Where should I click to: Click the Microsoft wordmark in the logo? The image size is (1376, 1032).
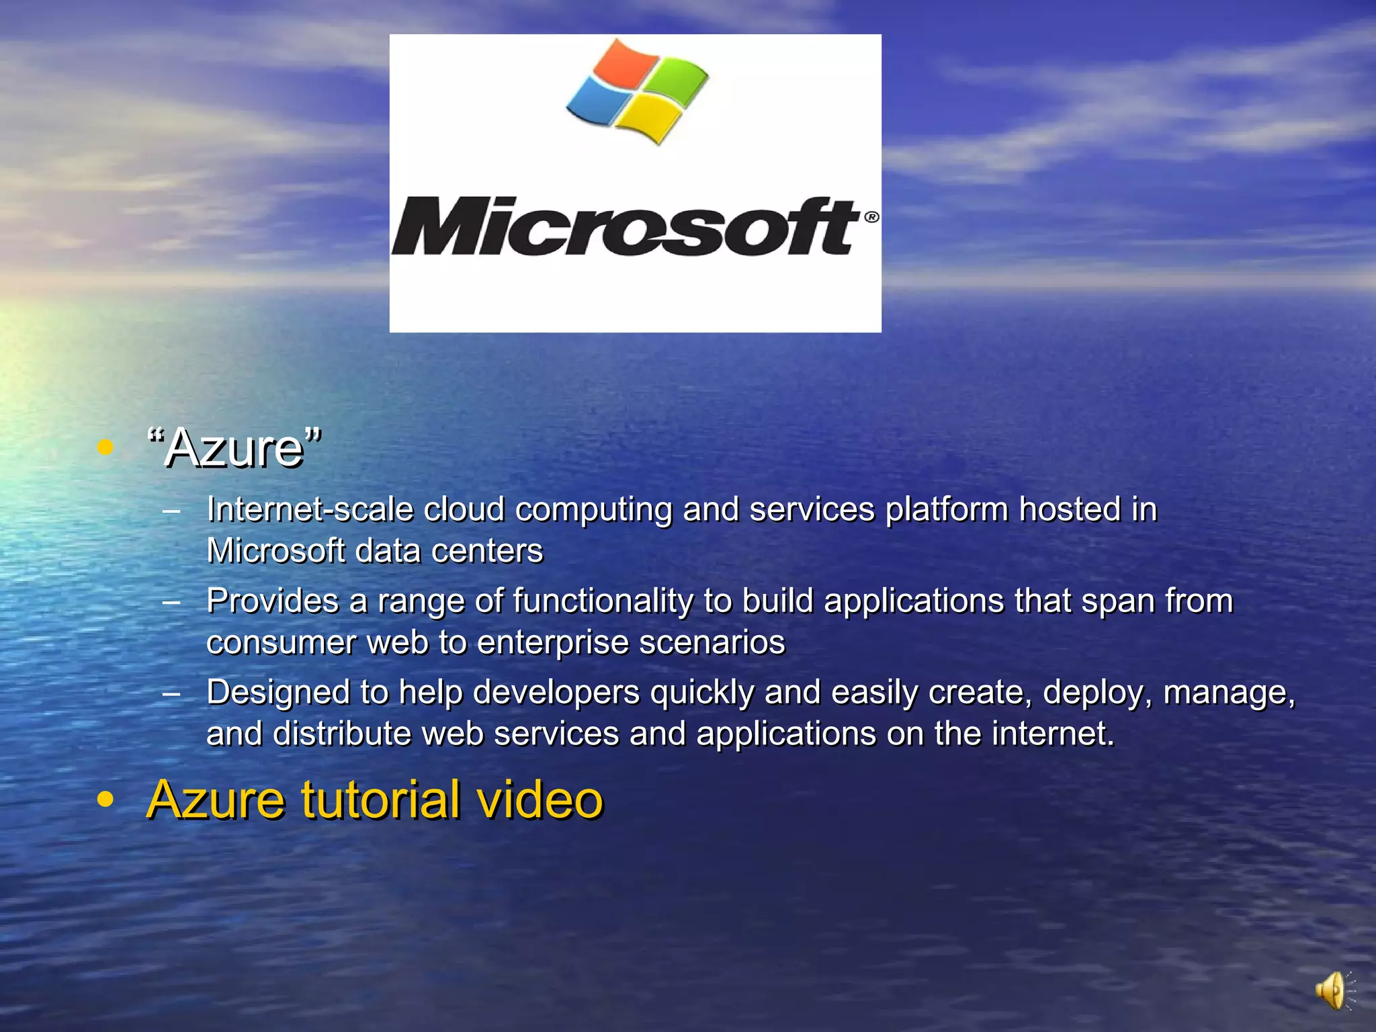[625, 226]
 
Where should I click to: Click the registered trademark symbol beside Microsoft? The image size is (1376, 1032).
[871, 217]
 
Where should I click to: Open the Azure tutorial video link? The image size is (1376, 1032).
[375, 800]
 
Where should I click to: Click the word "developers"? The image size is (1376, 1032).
[556, 692]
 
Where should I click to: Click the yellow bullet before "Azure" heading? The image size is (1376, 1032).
[105, 447]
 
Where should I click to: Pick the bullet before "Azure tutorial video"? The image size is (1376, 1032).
[105, 800]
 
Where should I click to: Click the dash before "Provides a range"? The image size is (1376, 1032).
[171, 601]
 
